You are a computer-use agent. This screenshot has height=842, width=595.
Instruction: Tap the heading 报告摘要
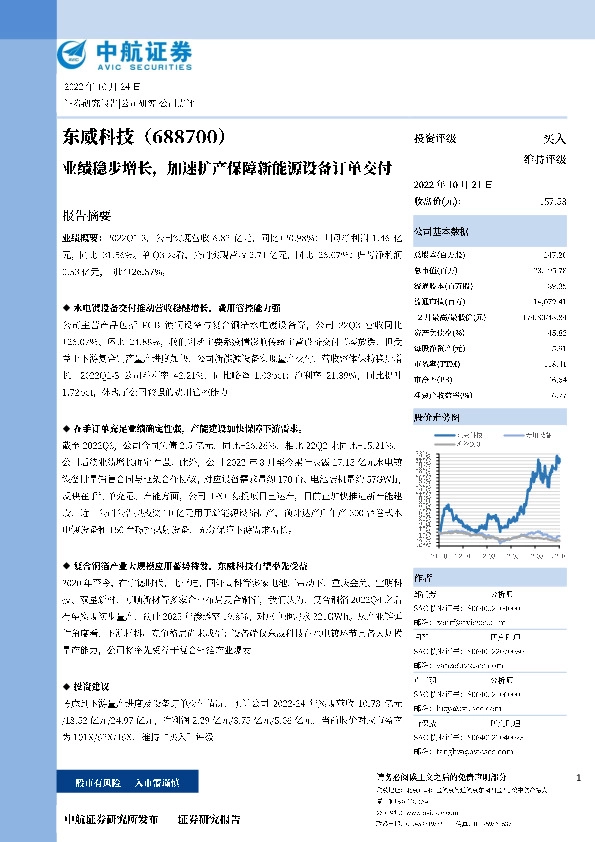click(x=87, y=215)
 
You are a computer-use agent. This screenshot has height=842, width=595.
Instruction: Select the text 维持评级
click(x=546, y=160)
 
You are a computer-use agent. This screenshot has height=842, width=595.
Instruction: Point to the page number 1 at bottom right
click(x=579, y=778)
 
